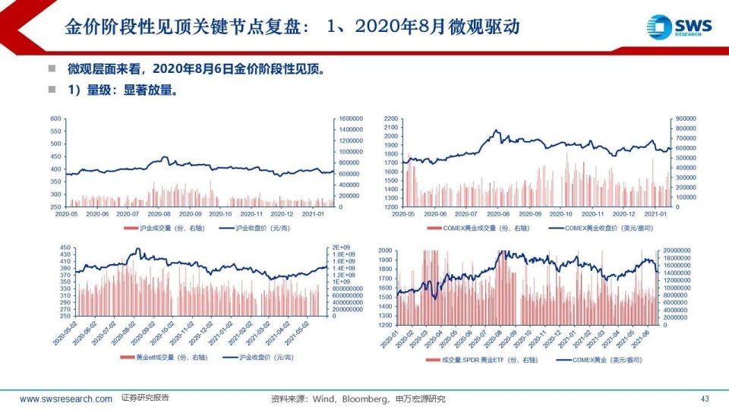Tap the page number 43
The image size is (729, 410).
pyautogui.click(x=704, y=399)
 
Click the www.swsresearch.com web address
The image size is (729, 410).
pyautogui.click(x=65, y=399)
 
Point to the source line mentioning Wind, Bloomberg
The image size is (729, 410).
pyautogui.click(x=358, y=399)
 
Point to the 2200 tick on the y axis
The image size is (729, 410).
pyautogui.click(x=391, y=119)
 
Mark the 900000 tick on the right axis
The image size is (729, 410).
pyautogui.click(x=683, y=119)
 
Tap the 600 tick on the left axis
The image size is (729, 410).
pyautogui.click(x=55, y=119)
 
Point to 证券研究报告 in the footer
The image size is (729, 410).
pyautogui.click(x=145, y=398)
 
